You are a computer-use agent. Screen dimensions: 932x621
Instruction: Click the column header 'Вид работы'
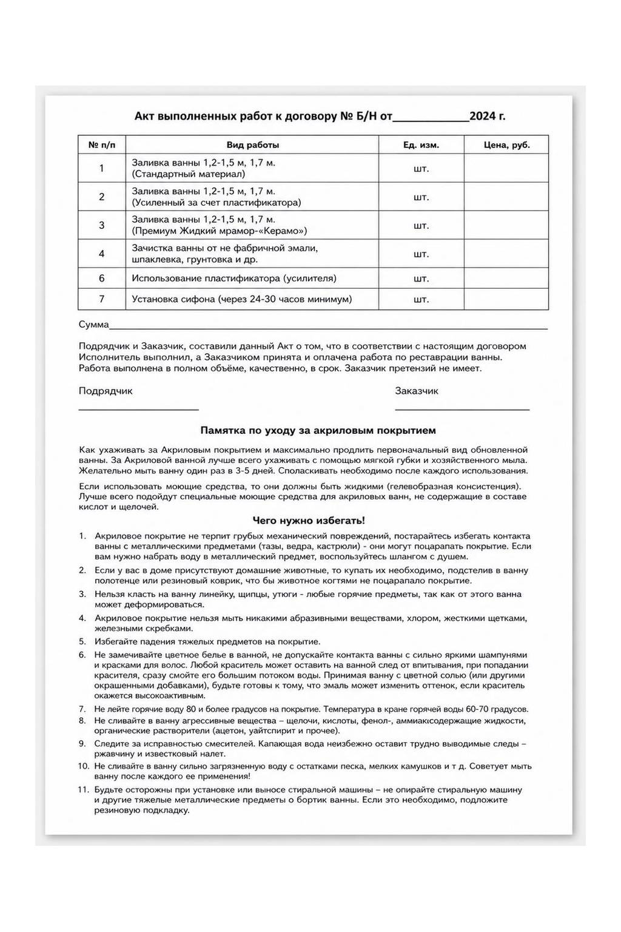[x=252, y=145]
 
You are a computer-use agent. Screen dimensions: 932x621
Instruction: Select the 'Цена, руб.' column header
[x=506, y=145]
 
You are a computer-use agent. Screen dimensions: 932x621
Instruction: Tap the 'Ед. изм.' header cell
[x=421, y=145]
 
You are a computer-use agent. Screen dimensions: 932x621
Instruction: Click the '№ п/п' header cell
[x=102, y=145]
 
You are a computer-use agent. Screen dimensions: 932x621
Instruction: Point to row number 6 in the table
[x=102, y=279]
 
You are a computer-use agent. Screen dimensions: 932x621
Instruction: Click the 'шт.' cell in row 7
[x=421, y=299]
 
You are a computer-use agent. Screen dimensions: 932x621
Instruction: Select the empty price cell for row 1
[x=506, y=168]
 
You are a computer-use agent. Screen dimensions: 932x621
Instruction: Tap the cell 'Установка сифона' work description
[x=241, y=299]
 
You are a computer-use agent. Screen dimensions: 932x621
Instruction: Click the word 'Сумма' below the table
[x=93, y=325]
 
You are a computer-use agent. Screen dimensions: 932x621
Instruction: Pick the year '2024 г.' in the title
[x=487, y=116]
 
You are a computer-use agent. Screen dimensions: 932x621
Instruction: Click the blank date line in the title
[x=431, y=118]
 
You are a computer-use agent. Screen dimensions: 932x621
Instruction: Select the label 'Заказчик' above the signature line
[x=417, y=391]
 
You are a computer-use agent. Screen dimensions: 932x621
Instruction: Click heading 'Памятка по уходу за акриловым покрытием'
[x=318, y=431]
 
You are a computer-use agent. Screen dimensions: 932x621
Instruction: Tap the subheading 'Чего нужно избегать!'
[x=309, y=521]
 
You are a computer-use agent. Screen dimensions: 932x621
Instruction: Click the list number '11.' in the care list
[x=84, y=790]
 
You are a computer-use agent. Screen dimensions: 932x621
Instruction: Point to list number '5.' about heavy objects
[x=82, y=641]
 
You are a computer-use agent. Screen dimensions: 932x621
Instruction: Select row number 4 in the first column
[x=102, y=254]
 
